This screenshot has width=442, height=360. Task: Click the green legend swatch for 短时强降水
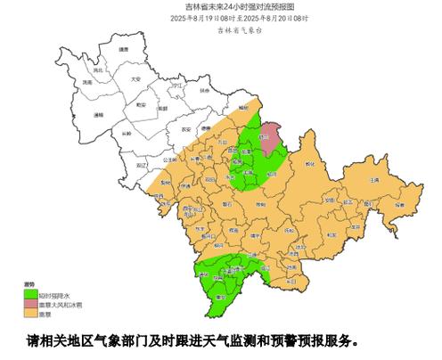(29, 294)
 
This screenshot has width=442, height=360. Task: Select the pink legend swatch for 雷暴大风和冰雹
(29, 304)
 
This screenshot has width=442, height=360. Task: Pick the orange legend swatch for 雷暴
(29, 313)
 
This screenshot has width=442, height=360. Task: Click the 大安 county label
(135, 79)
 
